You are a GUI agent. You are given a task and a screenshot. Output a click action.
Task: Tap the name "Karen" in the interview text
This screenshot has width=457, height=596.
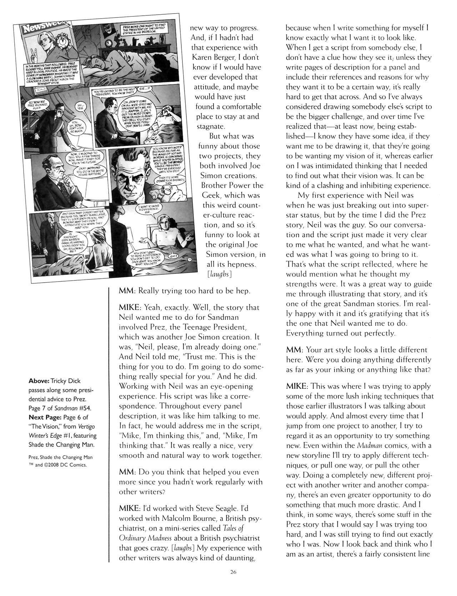click(203, 57)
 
